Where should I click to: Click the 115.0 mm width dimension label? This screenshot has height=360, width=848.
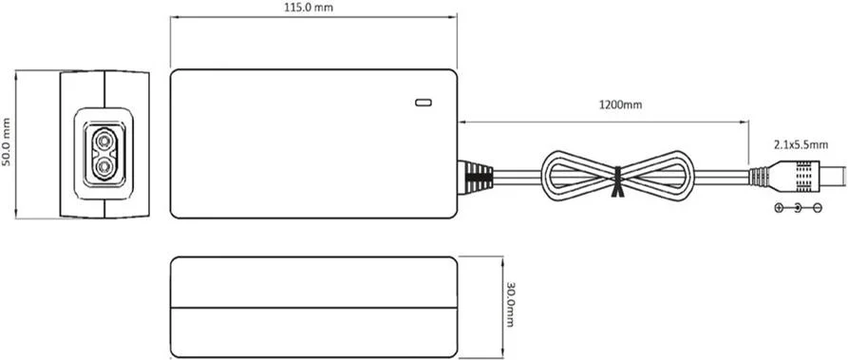312,7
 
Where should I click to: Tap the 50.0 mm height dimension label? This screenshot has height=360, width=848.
8,142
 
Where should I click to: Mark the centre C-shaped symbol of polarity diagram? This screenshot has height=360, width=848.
798,207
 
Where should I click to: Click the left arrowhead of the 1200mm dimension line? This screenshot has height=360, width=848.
462,121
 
